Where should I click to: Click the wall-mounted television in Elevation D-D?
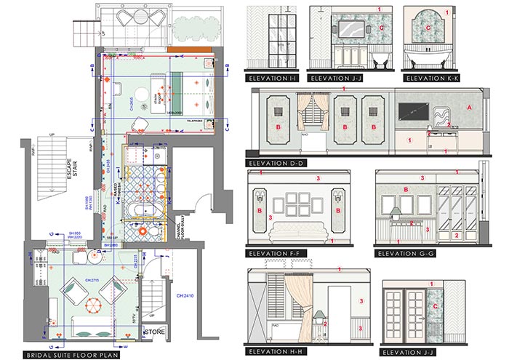click(414, 111)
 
